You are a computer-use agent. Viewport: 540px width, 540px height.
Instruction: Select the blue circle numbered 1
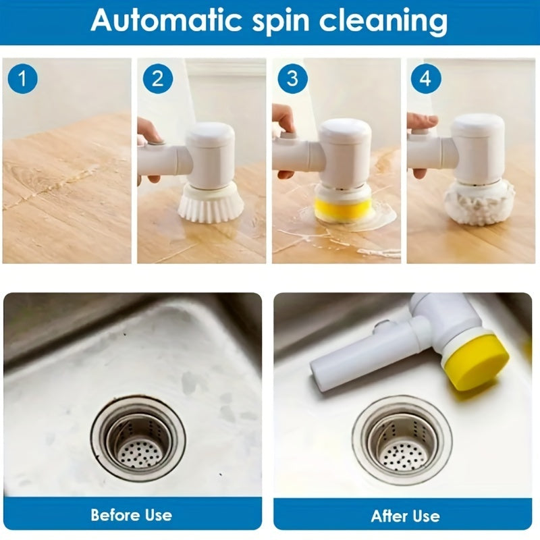tap(23, 79)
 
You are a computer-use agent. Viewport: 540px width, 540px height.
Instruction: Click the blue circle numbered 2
tap(157, 79)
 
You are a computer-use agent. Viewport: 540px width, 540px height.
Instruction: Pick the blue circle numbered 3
tap(292, 79)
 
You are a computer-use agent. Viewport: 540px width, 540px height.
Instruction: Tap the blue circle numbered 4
tap(425, 79)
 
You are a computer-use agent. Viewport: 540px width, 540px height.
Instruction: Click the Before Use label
tap(132, 515)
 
